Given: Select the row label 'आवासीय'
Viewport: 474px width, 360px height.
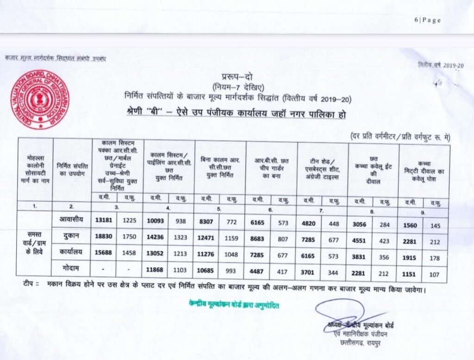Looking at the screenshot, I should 72,220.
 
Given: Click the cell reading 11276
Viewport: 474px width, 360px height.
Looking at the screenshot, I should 206,254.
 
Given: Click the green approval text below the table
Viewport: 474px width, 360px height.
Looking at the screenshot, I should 234,305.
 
